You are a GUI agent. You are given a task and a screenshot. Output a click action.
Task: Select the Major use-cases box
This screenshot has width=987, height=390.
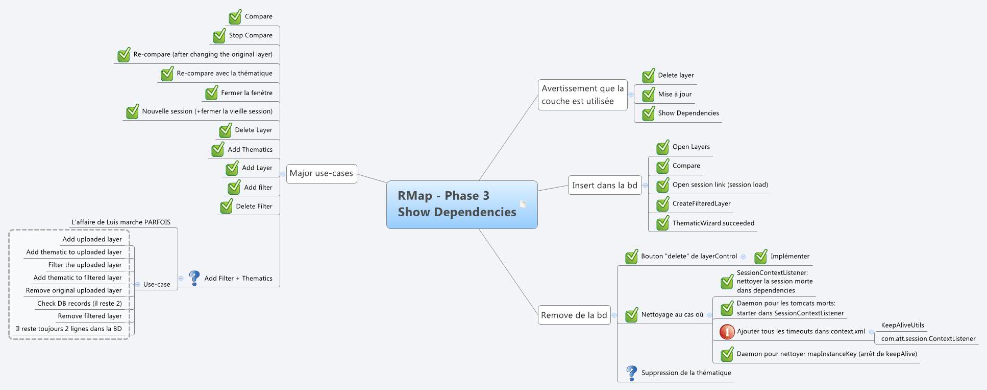click(x=321, y=173)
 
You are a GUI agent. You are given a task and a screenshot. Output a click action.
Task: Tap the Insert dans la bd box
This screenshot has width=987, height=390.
click(x=604, y=185)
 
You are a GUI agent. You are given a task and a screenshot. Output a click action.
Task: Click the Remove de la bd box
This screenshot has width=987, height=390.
click(x=574, y=315)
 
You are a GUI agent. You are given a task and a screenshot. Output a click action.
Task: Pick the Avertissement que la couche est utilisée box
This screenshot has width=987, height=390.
click(x=582, y=95)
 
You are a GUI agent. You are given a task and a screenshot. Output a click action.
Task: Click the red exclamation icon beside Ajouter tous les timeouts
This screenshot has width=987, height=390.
click(x=727, y=332)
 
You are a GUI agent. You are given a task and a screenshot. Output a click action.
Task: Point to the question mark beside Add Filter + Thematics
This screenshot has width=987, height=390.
click(x=194, y=278)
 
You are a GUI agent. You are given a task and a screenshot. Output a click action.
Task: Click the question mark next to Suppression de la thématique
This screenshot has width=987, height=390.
click(x=631, y=373)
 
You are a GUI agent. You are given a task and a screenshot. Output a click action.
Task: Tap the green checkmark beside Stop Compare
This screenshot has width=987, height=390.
click(x=219, y=36)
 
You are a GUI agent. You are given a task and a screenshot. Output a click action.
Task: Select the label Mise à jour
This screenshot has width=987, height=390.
click(x=675, y=94)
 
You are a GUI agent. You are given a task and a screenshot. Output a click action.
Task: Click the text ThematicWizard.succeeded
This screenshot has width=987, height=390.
click(x=713, y=223)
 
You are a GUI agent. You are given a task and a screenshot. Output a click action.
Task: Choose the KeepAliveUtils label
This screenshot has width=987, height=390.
click(x=902, y=325)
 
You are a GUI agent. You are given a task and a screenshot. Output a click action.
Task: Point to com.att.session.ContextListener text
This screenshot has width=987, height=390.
click(x=928, y=338)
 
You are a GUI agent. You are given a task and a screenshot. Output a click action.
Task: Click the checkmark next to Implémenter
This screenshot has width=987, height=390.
click(x=760, y=257)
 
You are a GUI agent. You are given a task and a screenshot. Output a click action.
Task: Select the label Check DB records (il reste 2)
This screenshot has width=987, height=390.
click(x=79, y=303)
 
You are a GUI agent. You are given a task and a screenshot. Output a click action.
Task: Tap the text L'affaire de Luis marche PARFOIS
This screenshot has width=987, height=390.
click(x=121, y=222)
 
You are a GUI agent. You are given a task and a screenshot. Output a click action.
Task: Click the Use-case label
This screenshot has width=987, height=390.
click(x=157, y=284)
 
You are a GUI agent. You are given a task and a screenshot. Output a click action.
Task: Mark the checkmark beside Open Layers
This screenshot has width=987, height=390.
click(x=662, y=147)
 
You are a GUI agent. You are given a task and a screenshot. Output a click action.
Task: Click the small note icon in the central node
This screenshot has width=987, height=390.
click(x=523, y=204)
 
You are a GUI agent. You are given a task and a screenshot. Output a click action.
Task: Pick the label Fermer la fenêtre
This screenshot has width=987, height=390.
click(x=246, y=93)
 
